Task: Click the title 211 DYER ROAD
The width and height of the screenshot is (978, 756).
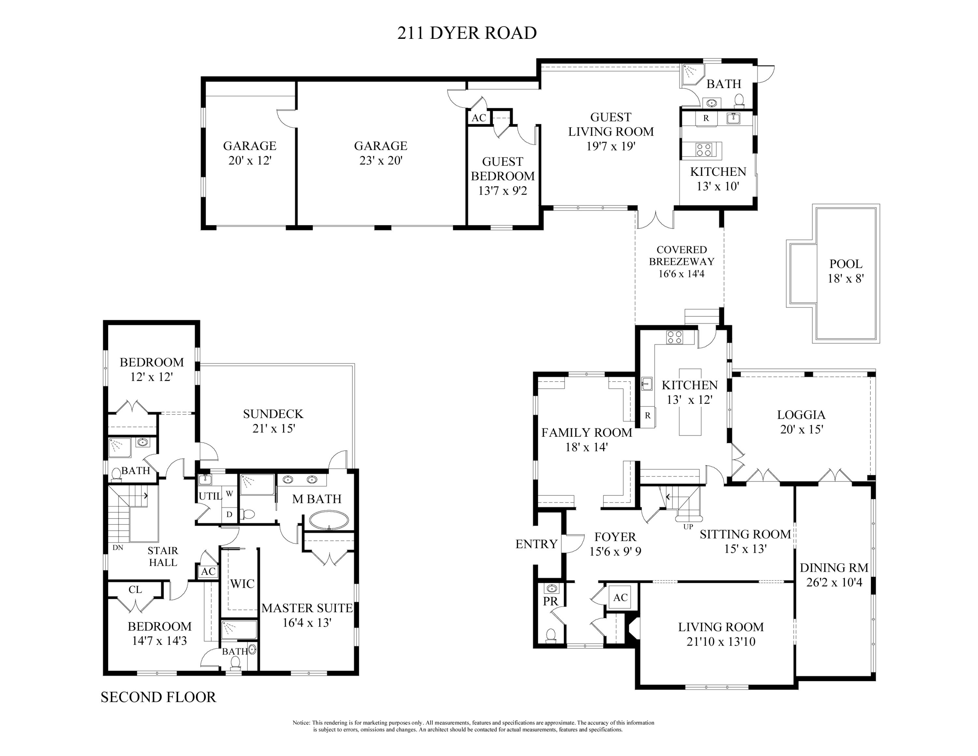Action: coord(467,33)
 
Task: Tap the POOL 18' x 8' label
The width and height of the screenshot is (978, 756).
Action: coord(845,271)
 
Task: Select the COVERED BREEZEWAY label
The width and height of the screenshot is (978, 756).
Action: coord(682,256)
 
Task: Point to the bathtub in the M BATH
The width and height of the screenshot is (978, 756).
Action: coord(329,521)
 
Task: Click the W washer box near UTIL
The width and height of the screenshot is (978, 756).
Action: coord(229,493)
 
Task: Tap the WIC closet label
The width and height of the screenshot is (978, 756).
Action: coord(242,583)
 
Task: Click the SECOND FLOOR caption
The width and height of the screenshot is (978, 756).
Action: coord(158,697)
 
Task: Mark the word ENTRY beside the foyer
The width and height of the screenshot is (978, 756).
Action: coord(536,544)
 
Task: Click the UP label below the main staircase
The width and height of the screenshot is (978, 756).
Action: coord(688,527)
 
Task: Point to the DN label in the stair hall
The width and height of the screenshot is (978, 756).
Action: coord(118,547)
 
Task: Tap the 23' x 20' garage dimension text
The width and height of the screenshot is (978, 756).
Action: coord(381,160)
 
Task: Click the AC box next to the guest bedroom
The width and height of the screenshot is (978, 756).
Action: coord(479,118)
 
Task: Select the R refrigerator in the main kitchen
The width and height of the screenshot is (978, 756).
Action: coord(647,415)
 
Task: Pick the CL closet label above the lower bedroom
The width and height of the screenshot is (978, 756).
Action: coord(135,589)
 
